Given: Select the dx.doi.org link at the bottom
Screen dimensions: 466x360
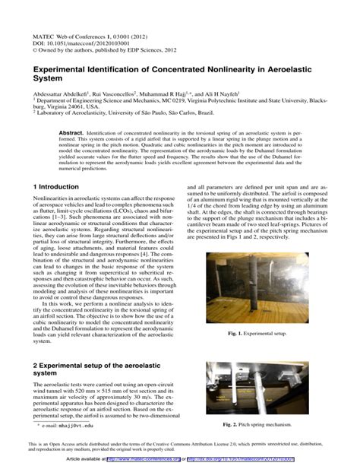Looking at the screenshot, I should point(251,459).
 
